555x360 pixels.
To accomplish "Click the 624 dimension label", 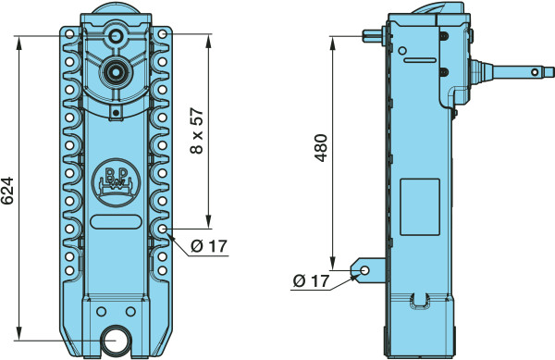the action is [7, 191].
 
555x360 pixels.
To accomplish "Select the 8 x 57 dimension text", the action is [197, 130].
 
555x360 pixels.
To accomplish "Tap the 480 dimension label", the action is [321, 148].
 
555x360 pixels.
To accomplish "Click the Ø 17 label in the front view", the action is [209, 246].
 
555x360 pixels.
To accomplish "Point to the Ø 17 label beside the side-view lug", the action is [311, 281].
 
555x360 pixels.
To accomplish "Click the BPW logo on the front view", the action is [116, 182].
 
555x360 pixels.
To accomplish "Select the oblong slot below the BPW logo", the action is [116, 221].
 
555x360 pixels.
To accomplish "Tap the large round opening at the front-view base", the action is [117, 340].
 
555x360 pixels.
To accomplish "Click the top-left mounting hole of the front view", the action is [69, 34].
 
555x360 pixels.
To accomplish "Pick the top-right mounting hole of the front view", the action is [163, 34].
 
